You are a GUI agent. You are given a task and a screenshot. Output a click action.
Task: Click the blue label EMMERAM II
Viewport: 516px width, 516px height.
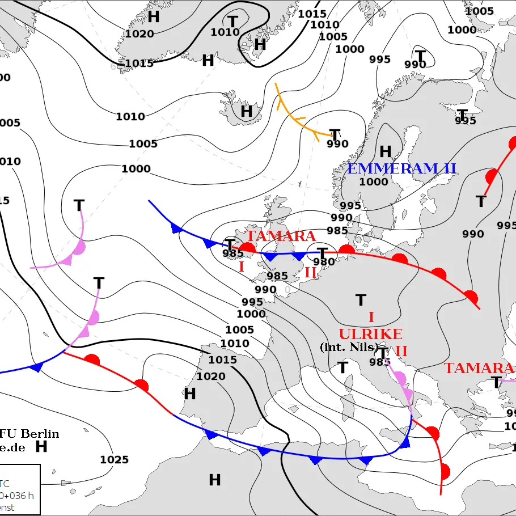pos(401,168)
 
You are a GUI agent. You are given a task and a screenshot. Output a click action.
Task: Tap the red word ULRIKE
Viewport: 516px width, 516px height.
pos(370,334)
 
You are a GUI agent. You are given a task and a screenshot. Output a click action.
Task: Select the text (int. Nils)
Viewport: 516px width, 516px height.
pos(349,347)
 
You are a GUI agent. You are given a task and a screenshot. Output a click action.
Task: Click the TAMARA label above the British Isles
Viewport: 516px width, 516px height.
pos(281,236)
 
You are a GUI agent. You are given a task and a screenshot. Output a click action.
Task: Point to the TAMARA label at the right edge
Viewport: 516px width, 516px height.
pos(479,368)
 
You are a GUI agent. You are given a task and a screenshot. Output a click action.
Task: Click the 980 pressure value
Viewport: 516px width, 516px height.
pos(324,261)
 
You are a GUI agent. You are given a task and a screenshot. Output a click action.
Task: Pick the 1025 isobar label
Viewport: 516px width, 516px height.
pos(114,459)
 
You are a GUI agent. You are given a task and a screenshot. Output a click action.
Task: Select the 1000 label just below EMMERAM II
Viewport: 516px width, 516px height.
pos(374,182)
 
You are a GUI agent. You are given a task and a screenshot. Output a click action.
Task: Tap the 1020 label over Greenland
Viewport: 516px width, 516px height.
pos(139,34)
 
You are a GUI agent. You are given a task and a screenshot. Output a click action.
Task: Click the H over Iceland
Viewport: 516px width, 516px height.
pos(246,111)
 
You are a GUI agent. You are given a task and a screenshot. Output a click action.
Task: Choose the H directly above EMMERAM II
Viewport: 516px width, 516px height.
pos(386,151)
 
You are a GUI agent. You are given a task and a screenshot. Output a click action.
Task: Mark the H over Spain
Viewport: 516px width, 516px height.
pos(189,394)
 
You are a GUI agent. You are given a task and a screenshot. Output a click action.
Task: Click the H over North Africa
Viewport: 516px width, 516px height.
pos(214,480)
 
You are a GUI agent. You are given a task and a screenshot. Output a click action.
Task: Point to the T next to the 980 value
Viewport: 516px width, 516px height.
pos(322,252)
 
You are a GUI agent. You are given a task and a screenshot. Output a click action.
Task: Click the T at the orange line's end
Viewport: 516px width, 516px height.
pos(335,135)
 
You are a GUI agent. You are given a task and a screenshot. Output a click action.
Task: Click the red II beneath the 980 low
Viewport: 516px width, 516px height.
pos(310,272)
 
